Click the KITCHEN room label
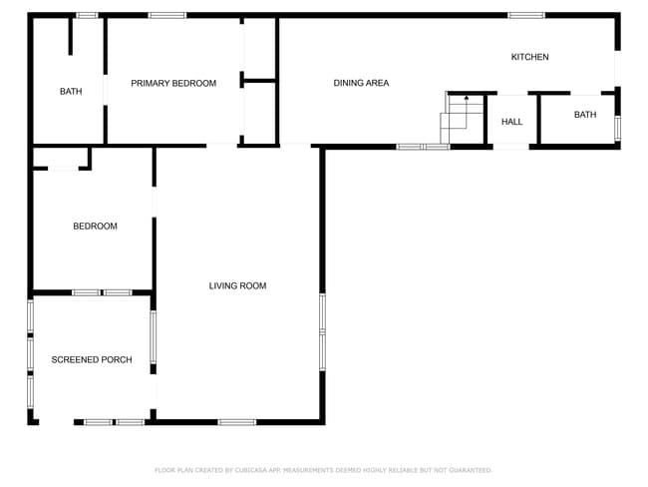tap(529, 57)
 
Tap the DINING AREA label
tap(361, 83)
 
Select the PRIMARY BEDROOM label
tap(173, 83)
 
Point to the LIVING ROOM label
tap(237, 286)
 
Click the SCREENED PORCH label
tap(92, 359)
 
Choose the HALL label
tap(512, 122)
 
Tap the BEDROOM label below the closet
tap(95, 227)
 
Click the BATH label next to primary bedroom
tap(71, 92)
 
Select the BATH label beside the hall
tap(585, 115)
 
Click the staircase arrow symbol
tap(467, 98)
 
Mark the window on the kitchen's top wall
tap(525, 15)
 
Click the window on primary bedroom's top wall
tap(166, 15)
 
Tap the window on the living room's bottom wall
tap(237, 422)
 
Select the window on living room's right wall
tap(322, 329)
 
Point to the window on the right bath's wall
tap(617, 128)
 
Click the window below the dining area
tap(423, 147)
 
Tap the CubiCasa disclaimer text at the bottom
tap(323, 470)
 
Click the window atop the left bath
tap(87, 15)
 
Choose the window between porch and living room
tap(154, 337)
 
